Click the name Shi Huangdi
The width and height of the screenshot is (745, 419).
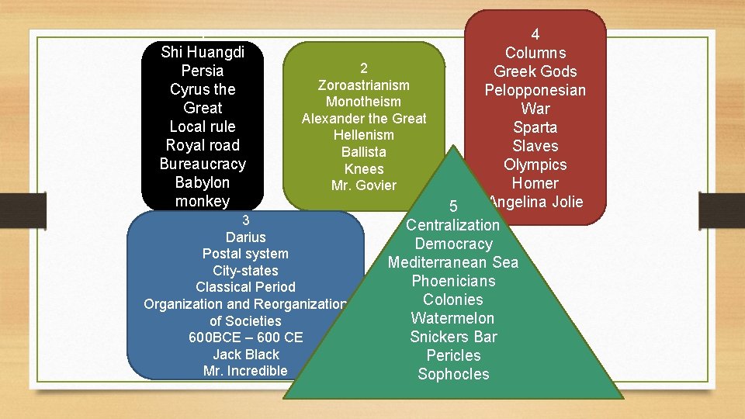click(203, 52)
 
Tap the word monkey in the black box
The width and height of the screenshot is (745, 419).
click(203, 201)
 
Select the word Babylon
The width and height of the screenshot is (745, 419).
click(203, 182)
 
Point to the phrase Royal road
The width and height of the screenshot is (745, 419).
click(203, 145)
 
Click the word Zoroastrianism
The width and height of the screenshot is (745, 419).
click(364, 85)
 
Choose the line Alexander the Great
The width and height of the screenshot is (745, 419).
click(364, 119)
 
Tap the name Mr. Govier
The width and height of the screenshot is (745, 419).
click(364, 185)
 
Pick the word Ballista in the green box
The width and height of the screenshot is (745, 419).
click(364, 152)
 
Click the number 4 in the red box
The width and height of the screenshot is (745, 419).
click(535, 34)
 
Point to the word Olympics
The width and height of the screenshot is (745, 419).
click(535, 164)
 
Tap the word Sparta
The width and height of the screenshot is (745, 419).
click(535, 127)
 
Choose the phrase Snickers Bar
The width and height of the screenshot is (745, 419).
click(453, 337)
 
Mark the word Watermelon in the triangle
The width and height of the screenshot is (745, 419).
click(452, 318)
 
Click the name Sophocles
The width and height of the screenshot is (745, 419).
click(453, 374)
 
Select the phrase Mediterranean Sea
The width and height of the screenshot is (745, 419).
click(453, 262)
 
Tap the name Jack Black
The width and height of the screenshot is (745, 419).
click(246, 355)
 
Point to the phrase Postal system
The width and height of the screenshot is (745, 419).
click(245, 254)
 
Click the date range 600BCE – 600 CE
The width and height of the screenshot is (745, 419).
click(246, 338)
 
